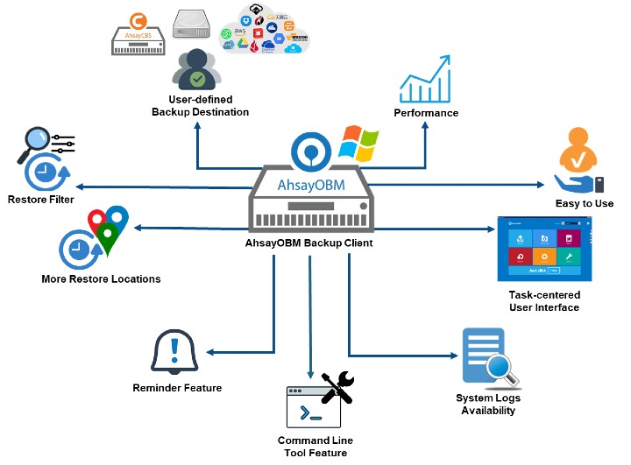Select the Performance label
coord(426,113)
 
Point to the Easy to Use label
coord(585,203)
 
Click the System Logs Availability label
coord(487,405)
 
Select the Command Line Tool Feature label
coord(312,446)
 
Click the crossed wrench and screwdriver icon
coord(337,388)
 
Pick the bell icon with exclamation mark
coord(175,353)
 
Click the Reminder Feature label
coord(177,387)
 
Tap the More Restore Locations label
coord(101,279)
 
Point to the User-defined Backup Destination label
coord(200,106)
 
